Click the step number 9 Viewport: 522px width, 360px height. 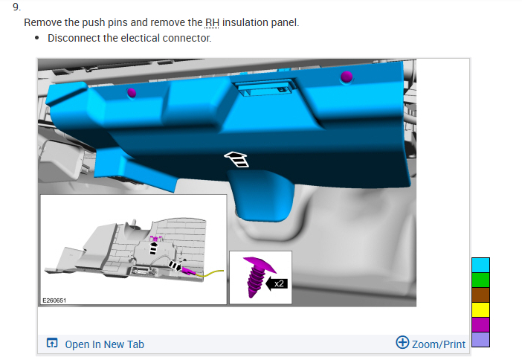16,7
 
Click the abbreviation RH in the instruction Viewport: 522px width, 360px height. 212,22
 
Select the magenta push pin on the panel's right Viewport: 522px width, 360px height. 347,77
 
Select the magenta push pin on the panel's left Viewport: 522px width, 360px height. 132,92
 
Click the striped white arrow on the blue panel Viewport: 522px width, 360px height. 236,159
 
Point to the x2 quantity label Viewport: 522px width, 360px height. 279,283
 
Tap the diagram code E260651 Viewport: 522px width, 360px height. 54,300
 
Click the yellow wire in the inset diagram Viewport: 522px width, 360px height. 210,274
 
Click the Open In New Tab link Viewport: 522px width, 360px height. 105,344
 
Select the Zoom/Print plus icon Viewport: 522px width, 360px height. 402,342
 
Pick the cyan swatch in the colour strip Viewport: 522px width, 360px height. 480,265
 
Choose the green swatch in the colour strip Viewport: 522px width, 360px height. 480,280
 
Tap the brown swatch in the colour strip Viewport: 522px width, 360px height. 480,295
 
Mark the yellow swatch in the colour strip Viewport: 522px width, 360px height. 480,309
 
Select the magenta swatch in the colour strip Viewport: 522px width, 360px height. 480,324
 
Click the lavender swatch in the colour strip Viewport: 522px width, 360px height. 480,339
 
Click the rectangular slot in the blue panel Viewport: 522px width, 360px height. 264,89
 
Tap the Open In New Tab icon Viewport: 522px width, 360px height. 52,343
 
